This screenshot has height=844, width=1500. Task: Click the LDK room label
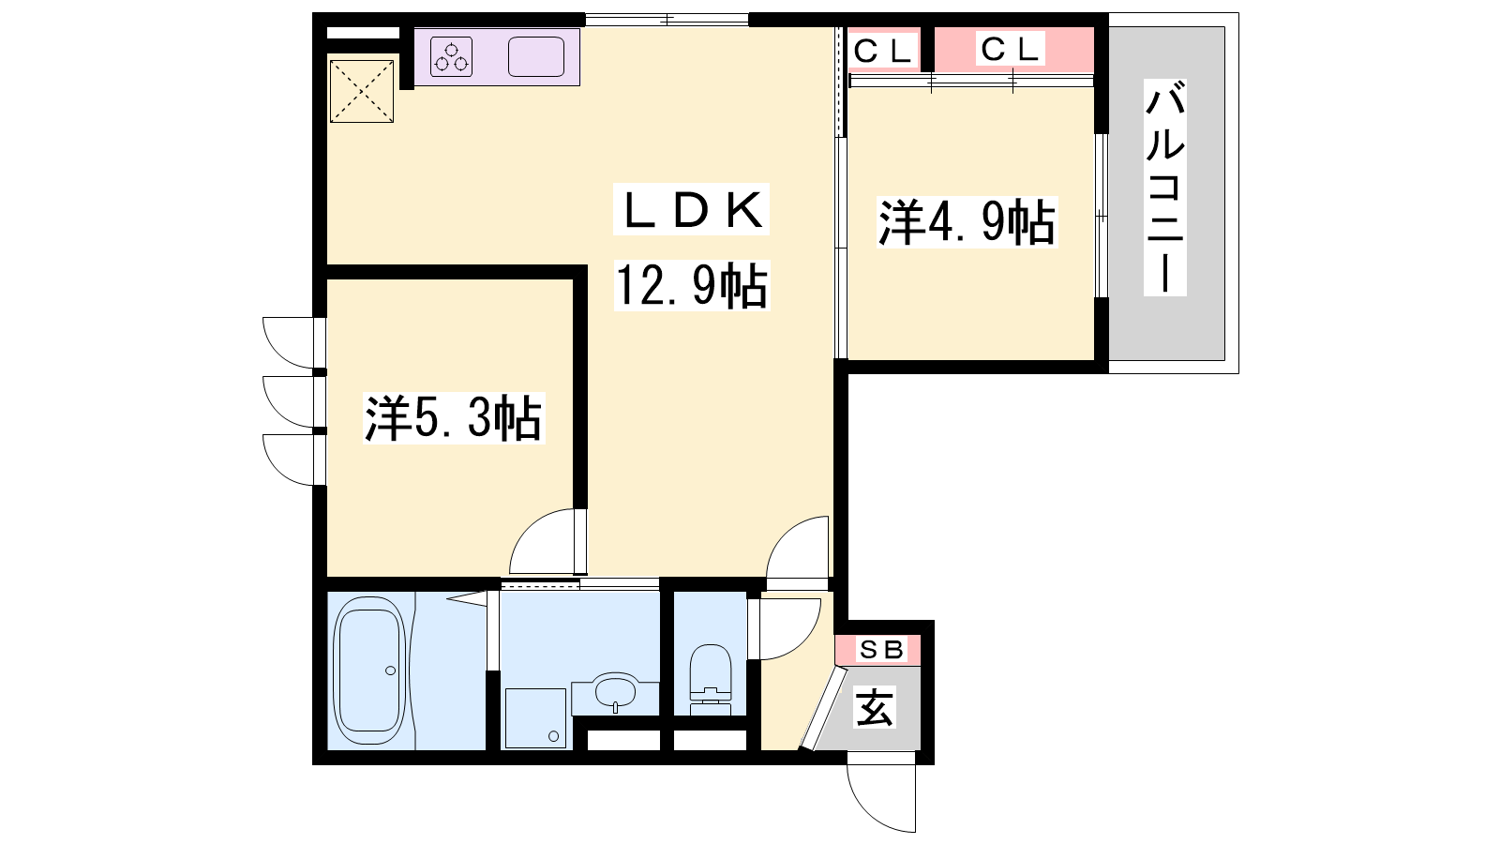click(x=691, y=210)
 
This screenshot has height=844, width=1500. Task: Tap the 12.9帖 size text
click(x=692, y=285)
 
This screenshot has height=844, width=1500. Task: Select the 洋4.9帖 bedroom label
click(x=967, y=222)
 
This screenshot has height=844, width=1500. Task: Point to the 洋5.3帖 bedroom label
click(x=454, y=418)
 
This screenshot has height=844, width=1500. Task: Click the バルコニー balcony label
click(x=1165, y=188)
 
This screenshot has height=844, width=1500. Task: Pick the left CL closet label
click(x=883, y=51)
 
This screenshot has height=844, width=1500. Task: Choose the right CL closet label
click(x=1010, y=50)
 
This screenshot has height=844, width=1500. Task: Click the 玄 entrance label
click(x=874, y=708)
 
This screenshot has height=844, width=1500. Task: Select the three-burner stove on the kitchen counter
click(x=451, y=57)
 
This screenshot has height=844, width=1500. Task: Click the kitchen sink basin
click(x=535, y=57)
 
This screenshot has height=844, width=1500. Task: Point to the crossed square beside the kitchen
click(x=362, y=91)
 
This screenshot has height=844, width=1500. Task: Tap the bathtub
click(x=369, y=671)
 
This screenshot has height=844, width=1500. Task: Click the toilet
click(x=710, y=679)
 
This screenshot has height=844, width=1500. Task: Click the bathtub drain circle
click(x=390, y=671)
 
